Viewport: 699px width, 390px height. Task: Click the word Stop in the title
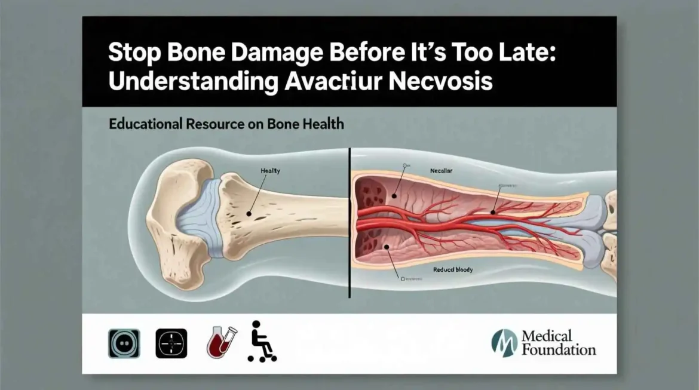click(x=130, y=52)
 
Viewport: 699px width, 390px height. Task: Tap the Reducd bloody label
click(x=453, y=270)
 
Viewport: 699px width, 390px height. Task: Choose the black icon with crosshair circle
click(x=171, y=343)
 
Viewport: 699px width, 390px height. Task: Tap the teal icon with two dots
click(x=124, y=343)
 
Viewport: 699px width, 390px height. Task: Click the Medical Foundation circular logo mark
click(x=504, y=343)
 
